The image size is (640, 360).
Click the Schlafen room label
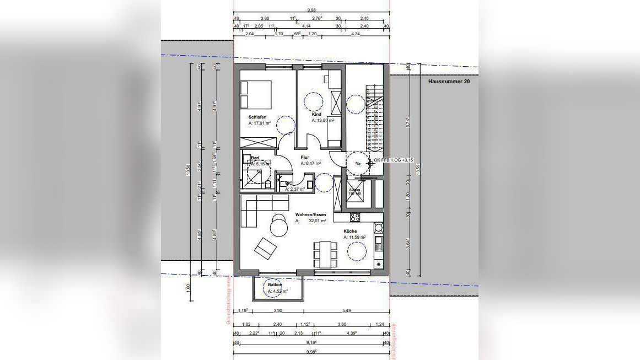pos(257,117)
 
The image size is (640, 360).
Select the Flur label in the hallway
pos(304,157)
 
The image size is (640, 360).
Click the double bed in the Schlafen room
pos(256,95)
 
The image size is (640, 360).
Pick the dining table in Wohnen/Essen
pos(325,254)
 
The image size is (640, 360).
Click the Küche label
pos(350,231)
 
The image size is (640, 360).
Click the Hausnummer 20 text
pos(449,81)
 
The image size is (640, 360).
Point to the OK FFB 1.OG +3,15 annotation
pos(393,160)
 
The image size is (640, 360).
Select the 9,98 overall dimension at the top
pos(311,9)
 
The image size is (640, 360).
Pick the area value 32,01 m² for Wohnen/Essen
pos(318,221)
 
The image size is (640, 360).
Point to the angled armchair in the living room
pos(265,249)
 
